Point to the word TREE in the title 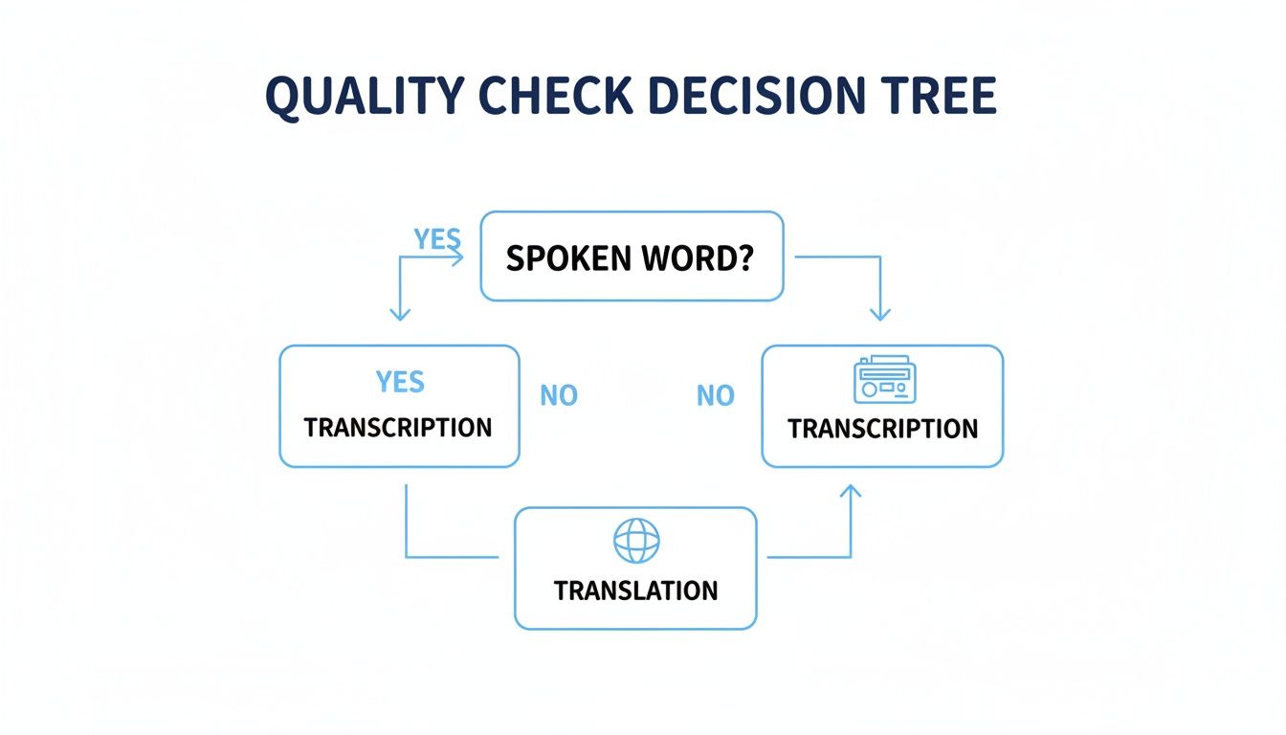(x=942, y=96)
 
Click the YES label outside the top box (x=436, y=238)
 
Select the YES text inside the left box (x=399, y=382)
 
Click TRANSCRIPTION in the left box (x=398, y=427)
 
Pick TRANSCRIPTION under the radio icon (x=882, y=428)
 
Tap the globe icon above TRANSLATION (x=636, y=541)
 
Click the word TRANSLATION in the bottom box (x=635, y=590)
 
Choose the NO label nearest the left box (x=559, y=395)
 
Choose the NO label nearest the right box (x=715, y=395)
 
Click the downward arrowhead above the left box (x=400, y=314)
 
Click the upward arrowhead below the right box (x=851, y=491)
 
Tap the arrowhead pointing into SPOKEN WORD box (x=457, y=256)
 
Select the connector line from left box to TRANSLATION (x=408, y=536)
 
